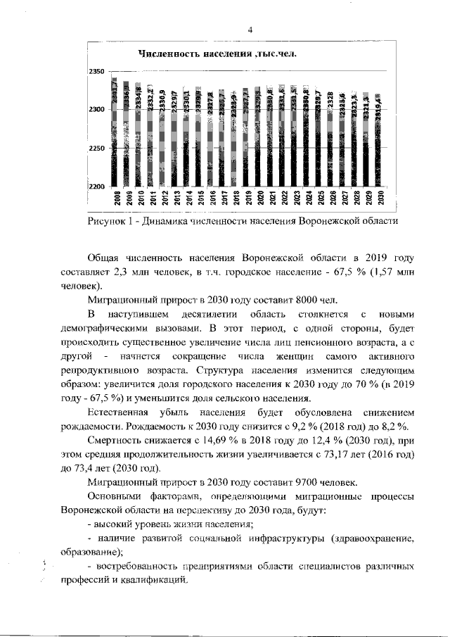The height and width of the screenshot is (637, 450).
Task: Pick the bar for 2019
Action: coord(248,137)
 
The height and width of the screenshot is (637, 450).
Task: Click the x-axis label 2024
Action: coord(308,197)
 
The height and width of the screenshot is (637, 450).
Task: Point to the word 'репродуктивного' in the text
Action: coord(103,370)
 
